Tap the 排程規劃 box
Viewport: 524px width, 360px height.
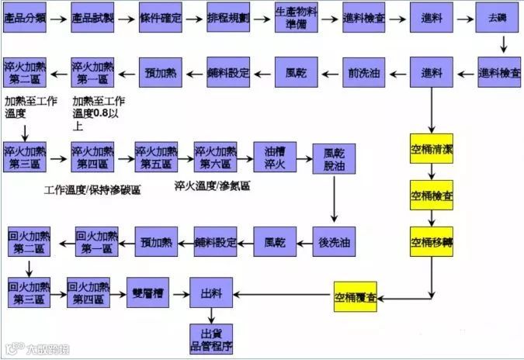228,17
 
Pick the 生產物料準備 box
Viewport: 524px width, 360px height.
296,17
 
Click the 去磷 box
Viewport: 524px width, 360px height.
498,17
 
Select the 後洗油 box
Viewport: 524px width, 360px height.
335,242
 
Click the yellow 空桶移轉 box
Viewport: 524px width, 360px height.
432,242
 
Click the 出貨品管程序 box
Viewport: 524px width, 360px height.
212,339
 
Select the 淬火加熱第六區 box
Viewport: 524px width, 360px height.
215,157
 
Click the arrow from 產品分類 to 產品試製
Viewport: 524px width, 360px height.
59,17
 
